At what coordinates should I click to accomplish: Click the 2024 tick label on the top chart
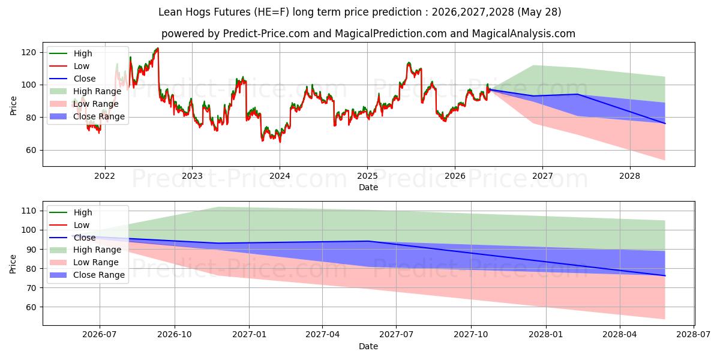(280, 176)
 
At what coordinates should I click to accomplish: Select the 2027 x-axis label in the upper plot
(542, 176)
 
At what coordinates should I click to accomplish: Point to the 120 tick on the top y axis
(28, 52)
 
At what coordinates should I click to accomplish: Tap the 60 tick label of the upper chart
(31, 150)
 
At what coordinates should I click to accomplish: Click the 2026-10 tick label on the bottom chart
(175, 335)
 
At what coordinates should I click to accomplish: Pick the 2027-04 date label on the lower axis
(323, 335)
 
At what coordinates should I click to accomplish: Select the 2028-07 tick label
(694, 335)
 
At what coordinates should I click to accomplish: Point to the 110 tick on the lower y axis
(29, 211)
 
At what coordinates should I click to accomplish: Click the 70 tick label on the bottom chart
(31, 288)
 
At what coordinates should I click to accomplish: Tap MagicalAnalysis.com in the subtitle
(524, 34)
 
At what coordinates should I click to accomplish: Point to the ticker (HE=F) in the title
(271, 12)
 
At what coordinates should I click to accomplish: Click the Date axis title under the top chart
(368, 187)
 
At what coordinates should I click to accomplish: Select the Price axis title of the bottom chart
(13, 264)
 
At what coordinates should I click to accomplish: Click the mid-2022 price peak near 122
(157, 48)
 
